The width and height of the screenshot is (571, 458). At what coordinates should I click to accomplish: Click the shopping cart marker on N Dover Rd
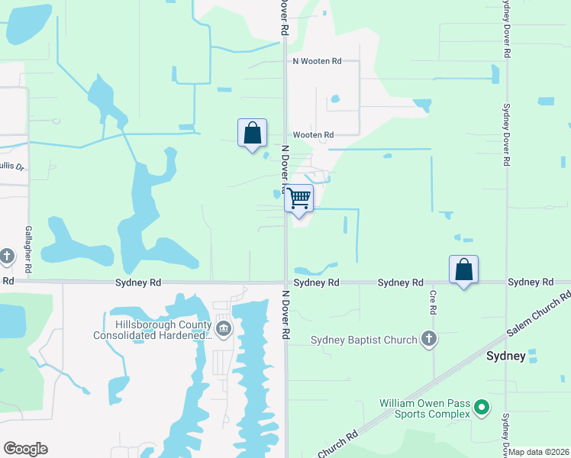point(299,198)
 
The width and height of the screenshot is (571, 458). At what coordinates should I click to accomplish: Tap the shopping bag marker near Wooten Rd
point(252,134)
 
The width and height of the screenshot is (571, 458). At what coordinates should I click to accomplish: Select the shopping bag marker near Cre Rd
point(463,269)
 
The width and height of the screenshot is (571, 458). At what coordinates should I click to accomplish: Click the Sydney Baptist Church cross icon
point(429,340)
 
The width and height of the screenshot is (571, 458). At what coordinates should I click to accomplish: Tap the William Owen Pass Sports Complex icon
point(481,408)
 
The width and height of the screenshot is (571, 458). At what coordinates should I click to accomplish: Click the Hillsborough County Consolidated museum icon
point(223,330)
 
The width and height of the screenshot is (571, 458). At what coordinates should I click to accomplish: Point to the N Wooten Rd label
point(316,60)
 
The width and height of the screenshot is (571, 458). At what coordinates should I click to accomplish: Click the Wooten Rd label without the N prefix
point(318,135)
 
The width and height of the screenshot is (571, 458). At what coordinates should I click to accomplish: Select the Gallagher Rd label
point(28,250)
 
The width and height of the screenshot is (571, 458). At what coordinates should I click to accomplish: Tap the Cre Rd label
point(432,302)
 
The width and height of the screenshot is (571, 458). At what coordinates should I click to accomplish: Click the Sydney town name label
point(507,356)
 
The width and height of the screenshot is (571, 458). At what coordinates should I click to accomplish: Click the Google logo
point(25,449)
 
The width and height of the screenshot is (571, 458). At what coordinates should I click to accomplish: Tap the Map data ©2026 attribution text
point(539,452)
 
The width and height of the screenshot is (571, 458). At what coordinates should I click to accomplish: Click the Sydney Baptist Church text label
point(364,340)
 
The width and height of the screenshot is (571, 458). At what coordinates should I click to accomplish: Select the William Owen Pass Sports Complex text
point(422,408)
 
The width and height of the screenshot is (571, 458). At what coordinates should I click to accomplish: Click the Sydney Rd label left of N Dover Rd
point(138,282)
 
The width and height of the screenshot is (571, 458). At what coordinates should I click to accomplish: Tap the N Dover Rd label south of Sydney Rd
point(286,314)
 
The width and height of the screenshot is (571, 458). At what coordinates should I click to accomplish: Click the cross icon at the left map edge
point(7,256)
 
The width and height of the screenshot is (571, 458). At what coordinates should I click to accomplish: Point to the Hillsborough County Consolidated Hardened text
point(153,330)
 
